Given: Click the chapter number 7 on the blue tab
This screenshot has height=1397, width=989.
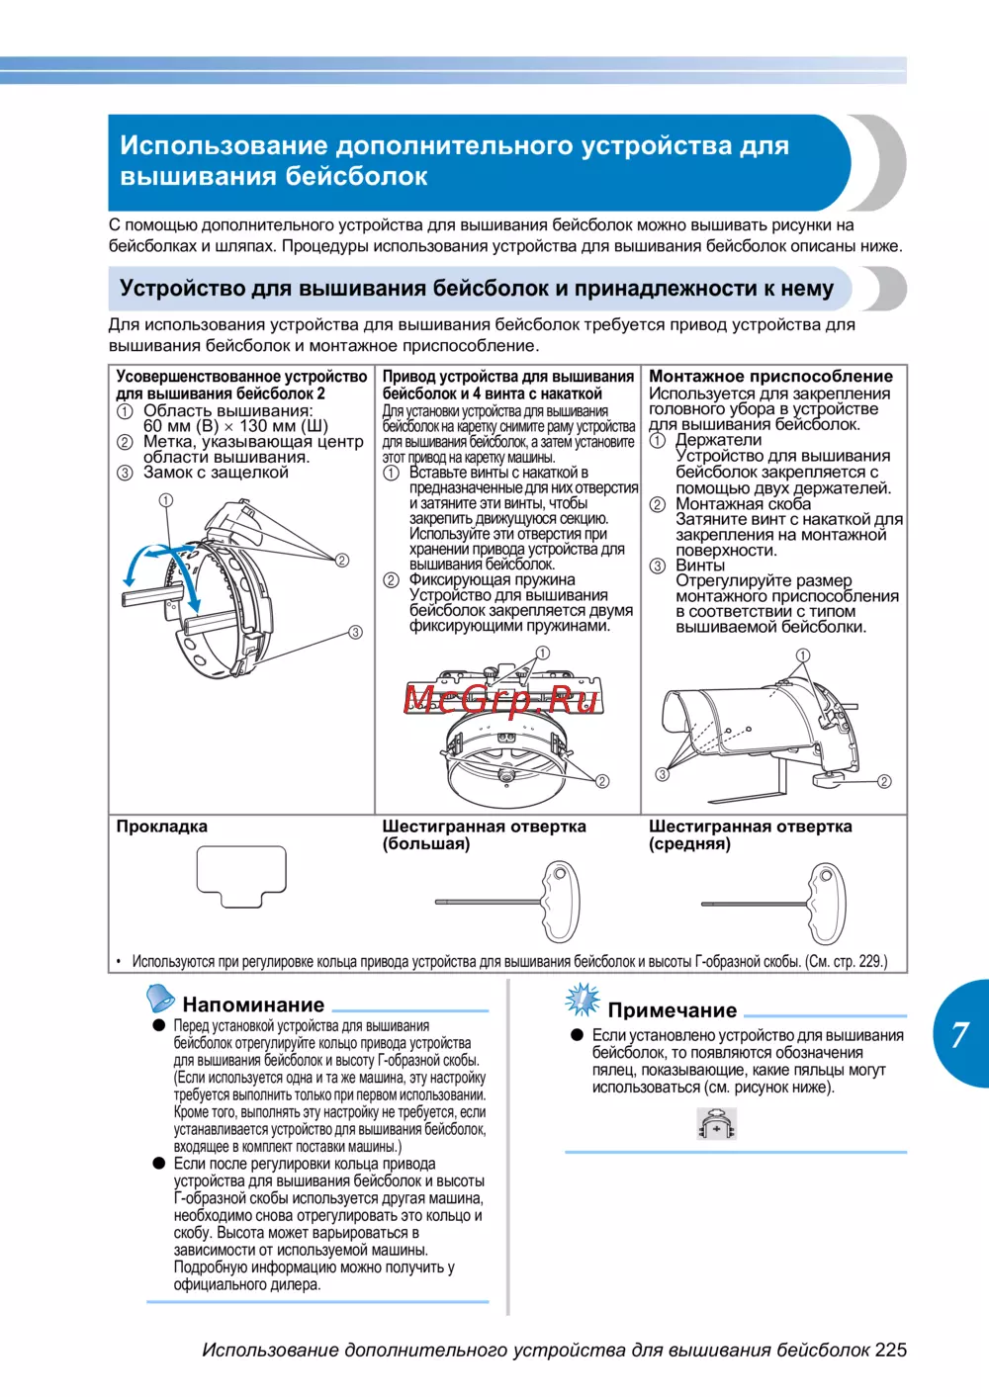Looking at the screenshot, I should [959, 1034].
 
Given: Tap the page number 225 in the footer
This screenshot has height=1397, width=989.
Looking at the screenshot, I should [890, 1350].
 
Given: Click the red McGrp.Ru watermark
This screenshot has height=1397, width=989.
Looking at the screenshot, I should [501, 699].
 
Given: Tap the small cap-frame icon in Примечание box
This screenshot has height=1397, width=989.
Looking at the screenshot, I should [717, 1124].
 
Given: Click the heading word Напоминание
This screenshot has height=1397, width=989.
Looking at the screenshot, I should [253, 1004].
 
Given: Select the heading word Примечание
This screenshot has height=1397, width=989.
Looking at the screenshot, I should [673, 1010].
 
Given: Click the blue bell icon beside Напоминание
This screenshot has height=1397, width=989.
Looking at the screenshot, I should [160, 998].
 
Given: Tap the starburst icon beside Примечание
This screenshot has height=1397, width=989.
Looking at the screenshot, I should [583, 1000].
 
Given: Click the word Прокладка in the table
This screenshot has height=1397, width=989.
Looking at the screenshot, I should [162, 827].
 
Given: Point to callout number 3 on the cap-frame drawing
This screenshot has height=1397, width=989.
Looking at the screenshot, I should [355, 632].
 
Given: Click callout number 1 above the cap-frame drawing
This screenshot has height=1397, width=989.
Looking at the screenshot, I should [166, 500].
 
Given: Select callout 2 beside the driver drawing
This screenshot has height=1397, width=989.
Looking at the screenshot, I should [602, 781].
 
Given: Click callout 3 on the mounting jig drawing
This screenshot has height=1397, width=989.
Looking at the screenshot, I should [663, 774].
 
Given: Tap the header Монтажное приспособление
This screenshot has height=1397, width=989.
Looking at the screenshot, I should [770, 376].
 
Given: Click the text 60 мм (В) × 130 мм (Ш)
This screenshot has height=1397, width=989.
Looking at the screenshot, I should [235, 426].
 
